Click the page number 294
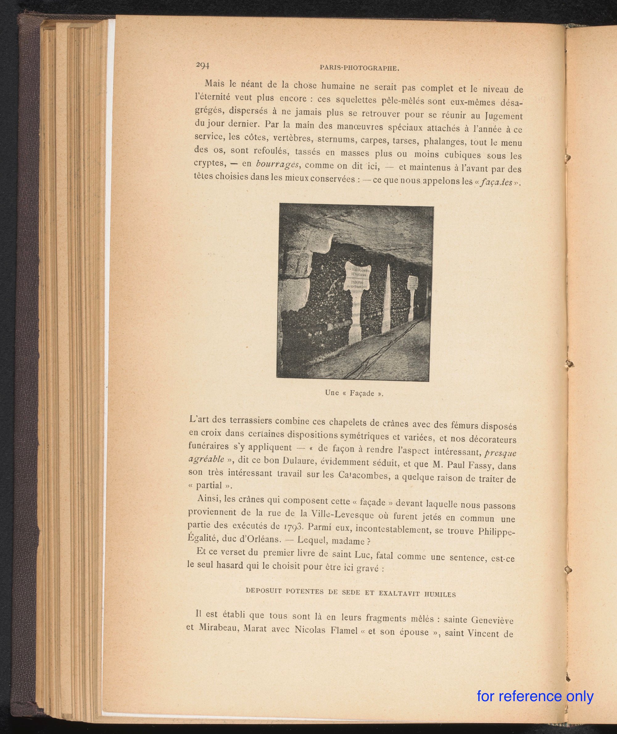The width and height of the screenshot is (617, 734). tap(202, 65)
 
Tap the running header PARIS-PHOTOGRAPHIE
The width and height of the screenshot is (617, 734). tap(360, 68)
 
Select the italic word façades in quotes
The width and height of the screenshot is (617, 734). tap(496, 182)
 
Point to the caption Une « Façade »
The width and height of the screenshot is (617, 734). tap(354, 393)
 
